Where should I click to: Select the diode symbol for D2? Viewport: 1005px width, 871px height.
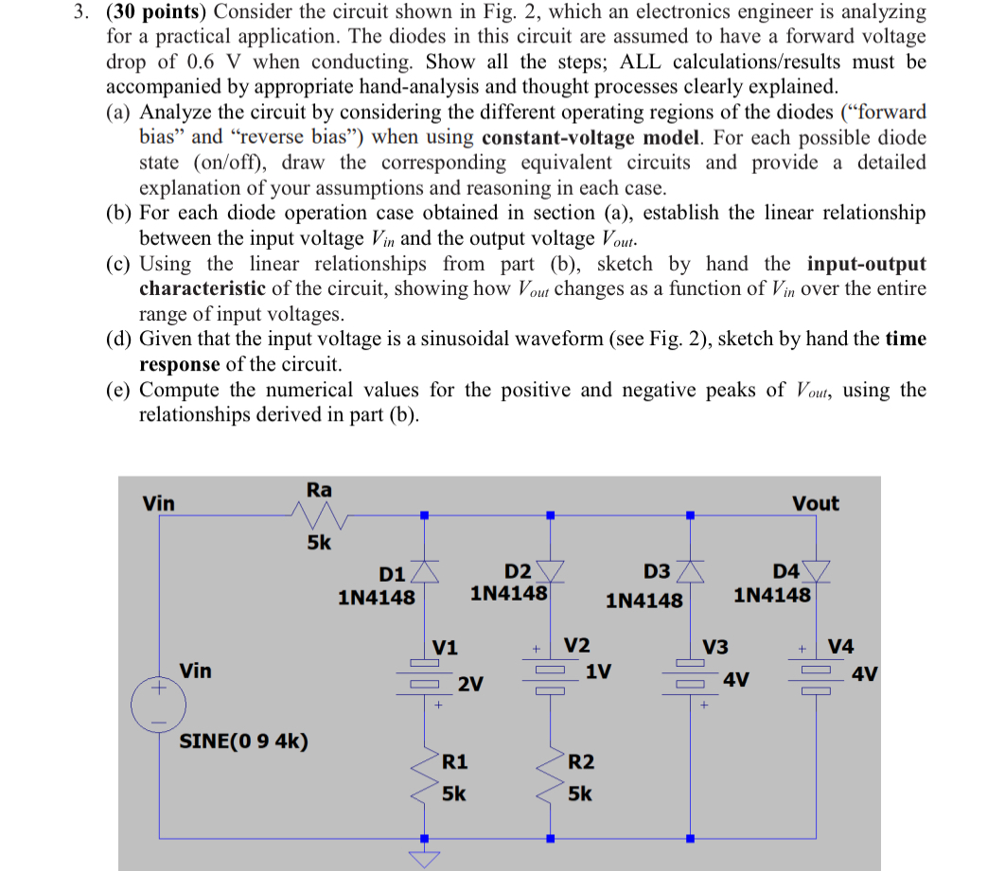pyautogui.click(x=551, y=570)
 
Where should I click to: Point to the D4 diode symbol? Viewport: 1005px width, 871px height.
pyautogui.click(x=816, y=570)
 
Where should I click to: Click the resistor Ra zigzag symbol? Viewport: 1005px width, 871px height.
pyautogui.click(x=319, y=515)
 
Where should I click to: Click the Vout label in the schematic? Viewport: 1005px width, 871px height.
pyautogui.click(x=815, y=503)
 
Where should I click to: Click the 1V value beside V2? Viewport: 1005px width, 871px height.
pyautogui.click(x=598, y=671)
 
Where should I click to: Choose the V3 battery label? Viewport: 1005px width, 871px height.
pyautogui.click(x=715, y=647)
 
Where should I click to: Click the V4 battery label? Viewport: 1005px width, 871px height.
pyautogui.click(x=840, y=647)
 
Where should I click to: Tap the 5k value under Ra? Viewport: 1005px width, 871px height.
pyautogui.click(x=319, y=544)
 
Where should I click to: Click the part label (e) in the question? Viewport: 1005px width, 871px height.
pyautogui.click(x=117, y=390)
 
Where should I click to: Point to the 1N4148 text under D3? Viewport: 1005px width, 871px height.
pyautogui.click(x=644, y=601)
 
